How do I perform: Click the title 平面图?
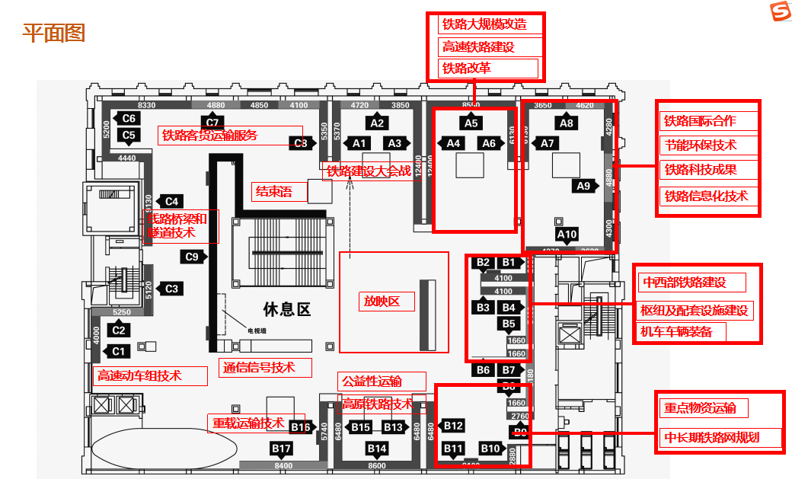(53, 34)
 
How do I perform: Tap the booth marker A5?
(471, 123)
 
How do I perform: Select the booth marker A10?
(567, 235)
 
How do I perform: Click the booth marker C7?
(212, 122)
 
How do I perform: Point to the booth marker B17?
(282, 448)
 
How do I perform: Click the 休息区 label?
(287, 309)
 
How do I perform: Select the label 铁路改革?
(467, 69)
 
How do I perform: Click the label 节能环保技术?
(701, 145)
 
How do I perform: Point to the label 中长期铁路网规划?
(711, 438)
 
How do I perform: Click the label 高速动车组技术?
(139, 375)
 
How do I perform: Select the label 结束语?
(273, 191)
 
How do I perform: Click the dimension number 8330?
(147, 105)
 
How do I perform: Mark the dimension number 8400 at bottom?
(283, 465)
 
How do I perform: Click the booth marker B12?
(453, 425)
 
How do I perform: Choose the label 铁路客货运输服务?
(210, 136)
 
